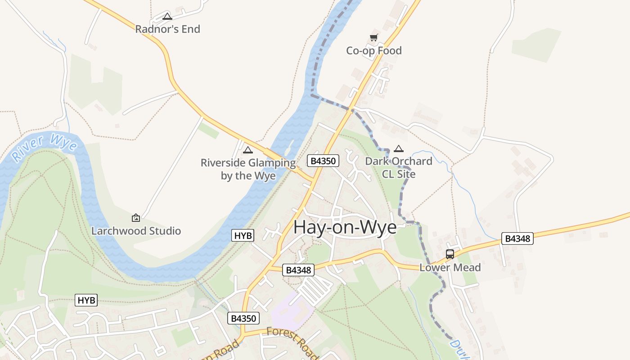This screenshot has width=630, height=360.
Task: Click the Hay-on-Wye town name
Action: [345, 227]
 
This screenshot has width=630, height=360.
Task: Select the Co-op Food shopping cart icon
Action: [373, 38]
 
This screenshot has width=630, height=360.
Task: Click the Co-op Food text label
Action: [373, 51]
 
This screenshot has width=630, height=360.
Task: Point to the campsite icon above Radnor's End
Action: [167, 17]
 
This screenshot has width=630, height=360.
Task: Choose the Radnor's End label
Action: [167, 29]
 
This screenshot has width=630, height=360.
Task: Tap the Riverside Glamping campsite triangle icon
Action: [248, 150]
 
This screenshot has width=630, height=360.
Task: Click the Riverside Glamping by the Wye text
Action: [248, 169]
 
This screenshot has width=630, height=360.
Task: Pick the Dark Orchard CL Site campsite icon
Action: [398, 148]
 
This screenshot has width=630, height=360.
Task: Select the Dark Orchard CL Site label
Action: [398, 167]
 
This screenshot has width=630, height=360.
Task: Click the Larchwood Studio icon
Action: [136, 218]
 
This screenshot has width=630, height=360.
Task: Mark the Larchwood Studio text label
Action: [136, 231]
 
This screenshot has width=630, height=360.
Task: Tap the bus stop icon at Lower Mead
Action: [450, 254]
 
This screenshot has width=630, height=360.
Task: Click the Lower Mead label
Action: [450, 268]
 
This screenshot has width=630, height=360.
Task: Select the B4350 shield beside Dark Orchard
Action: [323, 161]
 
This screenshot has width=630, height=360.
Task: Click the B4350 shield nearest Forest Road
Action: [243, 318]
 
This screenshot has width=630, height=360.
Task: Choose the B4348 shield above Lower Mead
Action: [517, 238]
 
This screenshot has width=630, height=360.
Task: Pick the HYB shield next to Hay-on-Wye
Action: [243, 235]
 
